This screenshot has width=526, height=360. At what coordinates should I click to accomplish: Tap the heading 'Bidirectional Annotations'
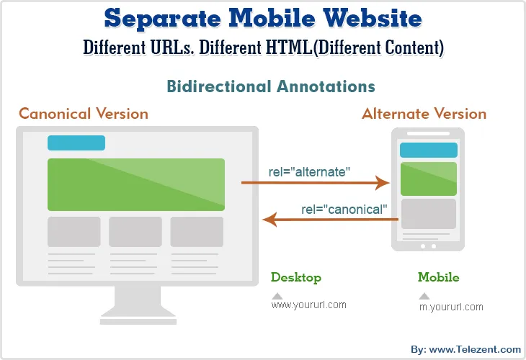pyautogui.click(x=271, y=86)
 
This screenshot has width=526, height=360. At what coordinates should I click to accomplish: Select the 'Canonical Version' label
pyautogui.click(x=84, y=114)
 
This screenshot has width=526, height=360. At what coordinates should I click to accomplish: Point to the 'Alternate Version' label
pyautogui.click(x=424, y=114)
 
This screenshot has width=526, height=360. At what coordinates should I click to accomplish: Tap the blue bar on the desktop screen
pyautogui.click(x=76, y=143)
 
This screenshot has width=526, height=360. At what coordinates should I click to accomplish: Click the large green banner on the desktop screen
pyautogui.click(x=136, y=184)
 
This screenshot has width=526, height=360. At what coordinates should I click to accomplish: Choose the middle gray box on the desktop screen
pyautogui.click(x=135, y=232)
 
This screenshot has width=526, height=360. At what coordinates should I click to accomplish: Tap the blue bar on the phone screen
pyautogui.click(x=428, y=150)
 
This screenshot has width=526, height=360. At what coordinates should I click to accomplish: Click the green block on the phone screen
pyautogui.click(x=428, y=179)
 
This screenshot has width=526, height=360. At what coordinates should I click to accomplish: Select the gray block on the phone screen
pyautogui.click(x=428, y=214)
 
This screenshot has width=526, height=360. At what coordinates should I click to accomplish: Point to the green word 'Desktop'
pyautogui.click(x=296, y=277)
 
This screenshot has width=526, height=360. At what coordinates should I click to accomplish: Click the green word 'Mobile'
pyautogui.click(x=438, y=277)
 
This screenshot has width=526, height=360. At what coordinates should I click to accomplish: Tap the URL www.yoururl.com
pyautogui.click(x=308, y=305)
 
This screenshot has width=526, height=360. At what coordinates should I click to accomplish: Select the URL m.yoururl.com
pyautogui.click(x=451, y=307)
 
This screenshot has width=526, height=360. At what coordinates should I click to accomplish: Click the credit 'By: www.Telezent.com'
pyautogui.click(x=465, y=349)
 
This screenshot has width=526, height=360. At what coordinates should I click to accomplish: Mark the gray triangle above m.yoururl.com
pyautogui.click(x=424, y=296)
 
